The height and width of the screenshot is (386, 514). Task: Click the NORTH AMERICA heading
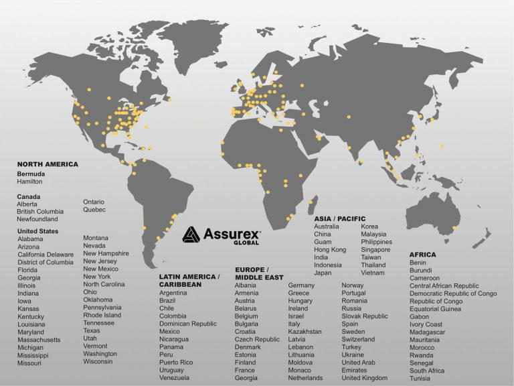(x=48, y=164)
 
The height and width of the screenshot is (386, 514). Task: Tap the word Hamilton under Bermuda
(x=29, y=182)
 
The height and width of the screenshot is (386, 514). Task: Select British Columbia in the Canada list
(x=40, y=211)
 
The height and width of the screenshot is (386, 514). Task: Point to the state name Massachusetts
(x=39, y=340)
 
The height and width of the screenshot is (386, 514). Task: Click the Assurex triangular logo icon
(x=191, y=234)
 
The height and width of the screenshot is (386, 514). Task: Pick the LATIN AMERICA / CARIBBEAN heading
(x=189, y=280)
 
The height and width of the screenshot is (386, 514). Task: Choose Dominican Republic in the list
(x=188, y=324)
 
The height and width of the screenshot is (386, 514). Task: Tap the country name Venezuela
(x=175, y=377)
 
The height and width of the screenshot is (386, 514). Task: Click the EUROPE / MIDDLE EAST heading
(x=259, y=273)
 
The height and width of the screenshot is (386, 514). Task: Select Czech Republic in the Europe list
(x=257, y=339)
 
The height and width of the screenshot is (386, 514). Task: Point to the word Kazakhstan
(x=305, y=331)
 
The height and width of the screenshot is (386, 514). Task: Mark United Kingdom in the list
(x=364, y=378)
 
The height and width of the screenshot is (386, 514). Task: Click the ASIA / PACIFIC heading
(x=340, y=218)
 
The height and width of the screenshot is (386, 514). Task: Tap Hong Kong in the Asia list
(x=330, y=249)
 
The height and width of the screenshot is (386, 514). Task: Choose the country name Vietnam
(x=373, y=273)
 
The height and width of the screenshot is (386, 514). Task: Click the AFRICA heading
(x=422, y=255)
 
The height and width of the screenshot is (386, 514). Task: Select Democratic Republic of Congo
(x=453, y=294)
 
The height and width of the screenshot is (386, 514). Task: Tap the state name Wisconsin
(x=98, y=361)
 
